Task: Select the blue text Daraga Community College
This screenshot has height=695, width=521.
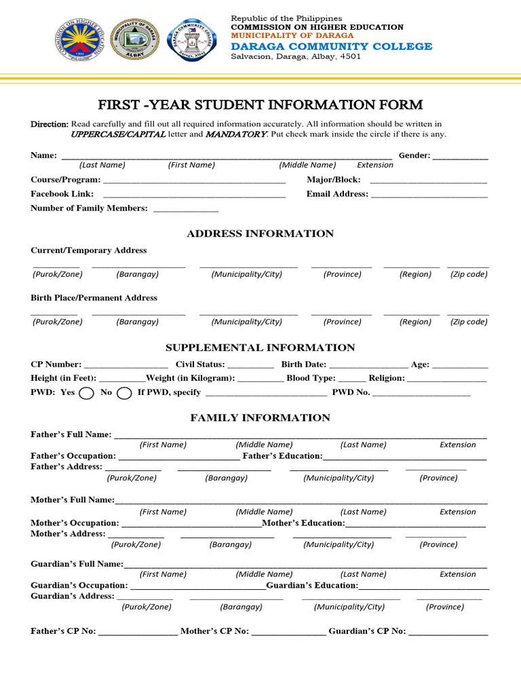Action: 331,46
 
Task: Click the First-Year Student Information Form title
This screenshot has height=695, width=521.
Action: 260,105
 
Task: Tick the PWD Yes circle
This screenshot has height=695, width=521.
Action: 86,393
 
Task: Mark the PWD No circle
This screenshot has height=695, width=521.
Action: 124,393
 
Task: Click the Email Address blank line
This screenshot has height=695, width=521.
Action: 429,195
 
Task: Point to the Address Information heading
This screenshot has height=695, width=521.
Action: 260,233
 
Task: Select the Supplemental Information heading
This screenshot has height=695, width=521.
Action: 260,347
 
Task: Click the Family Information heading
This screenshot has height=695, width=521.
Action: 260,418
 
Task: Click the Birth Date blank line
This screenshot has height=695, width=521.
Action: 368,366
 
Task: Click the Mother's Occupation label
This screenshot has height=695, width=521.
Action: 75,523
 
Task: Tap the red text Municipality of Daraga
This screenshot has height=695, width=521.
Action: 292,35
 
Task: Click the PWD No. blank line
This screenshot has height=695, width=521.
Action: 421,394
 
